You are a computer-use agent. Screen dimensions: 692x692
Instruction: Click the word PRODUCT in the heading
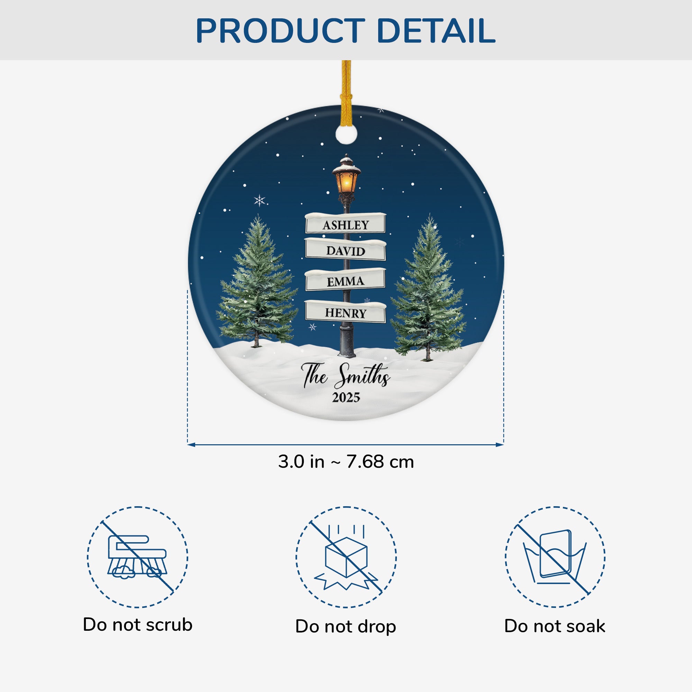coord(281,31)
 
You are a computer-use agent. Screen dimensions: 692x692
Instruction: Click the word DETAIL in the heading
coord(436,31)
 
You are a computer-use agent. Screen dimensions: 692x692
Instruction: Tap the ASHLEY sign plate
coord(346,223)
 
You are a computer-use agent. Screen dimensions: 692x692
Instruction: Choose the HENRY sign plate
coord(346,311)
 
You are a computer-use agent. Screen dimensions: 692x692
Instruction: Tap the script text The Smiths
coord(346,376)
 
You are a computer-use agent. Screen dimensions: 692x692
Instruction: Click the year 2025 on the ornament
coord(346,397)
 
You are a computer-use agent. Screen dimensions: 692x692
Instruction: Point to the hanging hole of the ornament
coord(346,133)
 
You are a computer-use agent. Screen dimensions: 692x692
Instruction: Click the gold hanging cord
coord(346,93)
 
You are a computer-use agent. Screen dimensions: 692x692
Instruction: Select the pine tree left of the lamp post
coord(257,281)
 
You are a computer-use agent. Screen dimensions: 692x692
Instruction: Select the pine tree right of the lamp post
coord(428,287)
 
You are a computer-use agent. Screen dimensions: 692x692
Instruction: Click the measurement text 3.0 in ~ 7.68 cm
coord(346,462)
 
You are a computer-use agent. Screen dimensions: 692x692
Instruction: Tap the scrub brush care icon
coord(138,557)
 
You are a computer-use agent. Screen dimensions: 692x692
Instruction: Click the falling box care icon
coord(346,557)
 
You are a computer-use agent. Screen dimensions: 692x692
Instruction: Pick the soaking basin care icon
coord(555,557)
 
